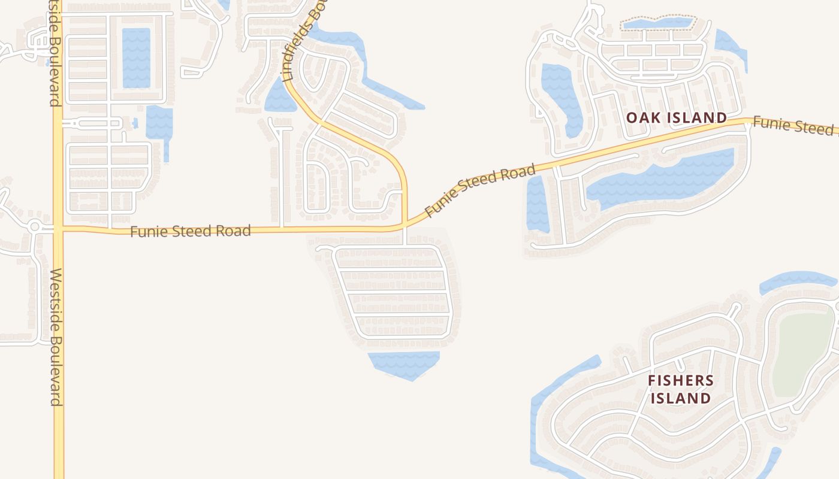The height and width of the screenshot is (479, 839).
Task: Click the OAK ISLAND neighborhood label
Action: [677, 118]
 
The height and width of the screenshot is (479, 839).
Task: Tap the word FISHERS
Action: [680, 381]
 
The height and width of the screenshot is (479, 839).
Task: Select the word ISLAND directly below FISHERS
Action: [680, 398]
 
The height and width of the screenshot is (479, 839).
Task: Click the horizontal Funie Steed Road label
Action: [190, 231]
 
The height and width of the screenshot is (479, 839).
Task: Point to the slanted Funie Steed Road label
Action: [479, 191]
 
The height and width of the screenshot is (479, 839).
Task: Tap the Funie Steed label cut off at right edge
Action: [795, 126]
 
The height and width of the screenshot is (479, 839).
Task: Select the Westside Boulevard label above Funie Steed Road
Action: [55, 54]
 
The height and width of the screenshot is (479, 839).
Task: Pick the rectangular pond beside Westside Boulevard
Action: [136, 58]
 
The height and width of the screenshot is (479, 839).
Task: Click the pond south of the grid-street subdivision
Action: [404, 363]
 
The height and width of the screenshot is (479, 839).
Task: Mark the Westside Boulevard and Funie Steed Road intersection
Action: [58, 229]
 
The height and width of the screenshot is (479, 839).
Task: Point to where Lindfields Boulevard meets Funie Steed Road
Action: [405, 225]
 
